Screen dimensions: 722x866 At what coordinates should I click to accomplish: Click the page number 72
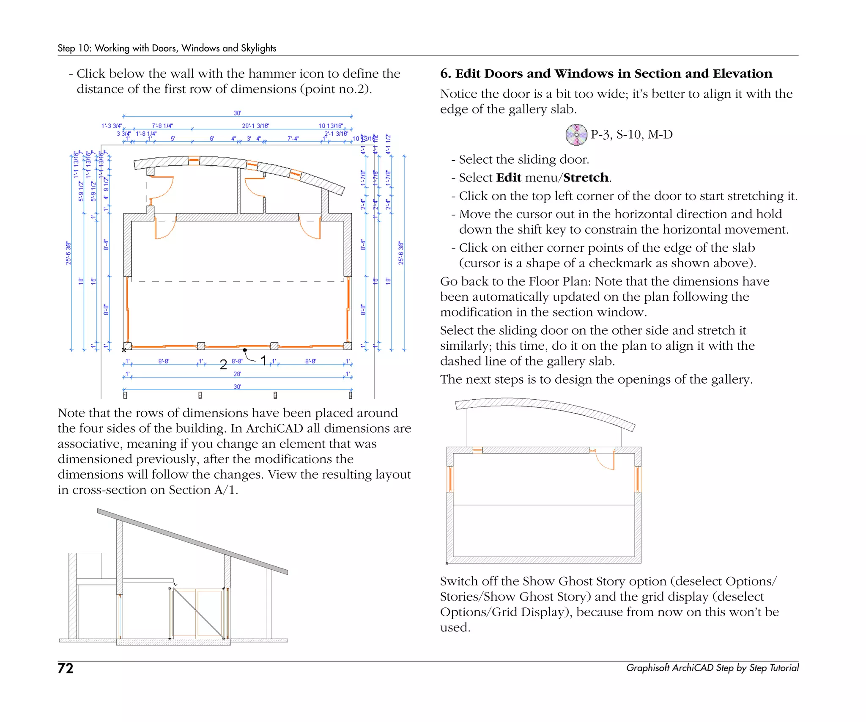[x=66, y=668]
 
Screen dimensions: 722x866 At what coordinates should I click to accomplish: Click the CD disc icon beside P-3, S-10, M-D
[x=576, y=135]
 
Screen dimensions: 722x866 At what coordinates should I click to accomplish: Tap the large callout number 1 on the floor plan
[x=263, y=360]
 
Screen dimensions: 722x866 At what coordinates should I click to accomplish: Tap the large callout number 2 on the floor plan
[x=223, y=364]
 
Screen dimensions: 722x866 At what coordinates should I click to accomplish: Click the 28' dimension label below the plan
[x=237, y=374]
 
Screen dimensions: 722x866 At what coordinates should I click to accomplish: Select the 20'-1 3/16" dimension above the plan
[x=255, y=126]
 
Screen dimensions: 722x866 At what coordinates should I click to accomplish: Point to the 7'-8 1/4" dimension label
[x=162, y=126]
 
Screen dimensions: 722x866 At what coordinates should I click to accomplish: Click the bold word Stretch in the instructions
[x=586, y=178]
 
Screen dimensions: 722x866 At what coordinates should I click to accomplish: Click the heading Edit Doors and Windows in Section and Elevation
[x=606, y=74]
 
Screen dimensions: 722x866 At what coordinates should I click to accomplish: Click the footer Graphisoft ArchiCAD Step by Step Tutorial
[x=712, y=668]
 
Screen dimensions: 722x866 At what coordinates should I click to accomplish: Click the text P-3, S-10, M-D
[x=631, y=135]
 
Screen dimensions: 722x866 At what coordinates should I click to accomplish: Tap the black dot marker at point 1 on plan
[x=245, y=350]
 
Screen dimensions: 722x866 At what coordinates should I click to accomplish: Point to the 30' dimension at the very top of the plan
[x=237, y=113]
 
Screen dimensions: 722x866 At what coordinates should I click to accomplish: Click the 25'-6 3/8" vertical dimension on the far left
[x=68, y=253]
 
